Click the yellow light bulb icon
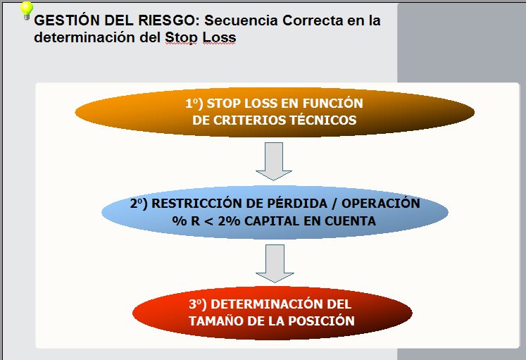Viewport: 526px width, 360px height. pyautogui.click(x=27, y=9)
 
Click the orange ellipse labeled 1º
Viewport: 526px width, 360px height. pyautogui.click(x=275, y=112)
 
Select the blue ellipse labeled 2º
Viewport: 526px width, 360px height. pyautogui.click(x=275, y=212)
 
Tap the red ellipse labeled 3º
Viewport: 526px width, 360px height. pyautogui.click(x=272, y=313)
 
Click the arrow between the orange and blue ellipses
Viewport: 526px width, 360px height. pyautogui.click(x=269, y=161)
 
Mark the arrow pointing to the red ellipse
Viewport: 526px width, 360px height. pyautogui.click(x=269, y=262)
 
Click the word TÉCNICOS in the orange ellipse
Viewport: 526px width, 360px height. pyautogui.click(x=323, y=120)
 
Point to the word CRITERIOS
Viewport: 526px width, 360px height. pyautogui.click(x=247, y=120)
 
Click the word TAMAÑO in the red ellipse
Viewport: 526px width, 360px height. pyautogui.click(x=215, y=321)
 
